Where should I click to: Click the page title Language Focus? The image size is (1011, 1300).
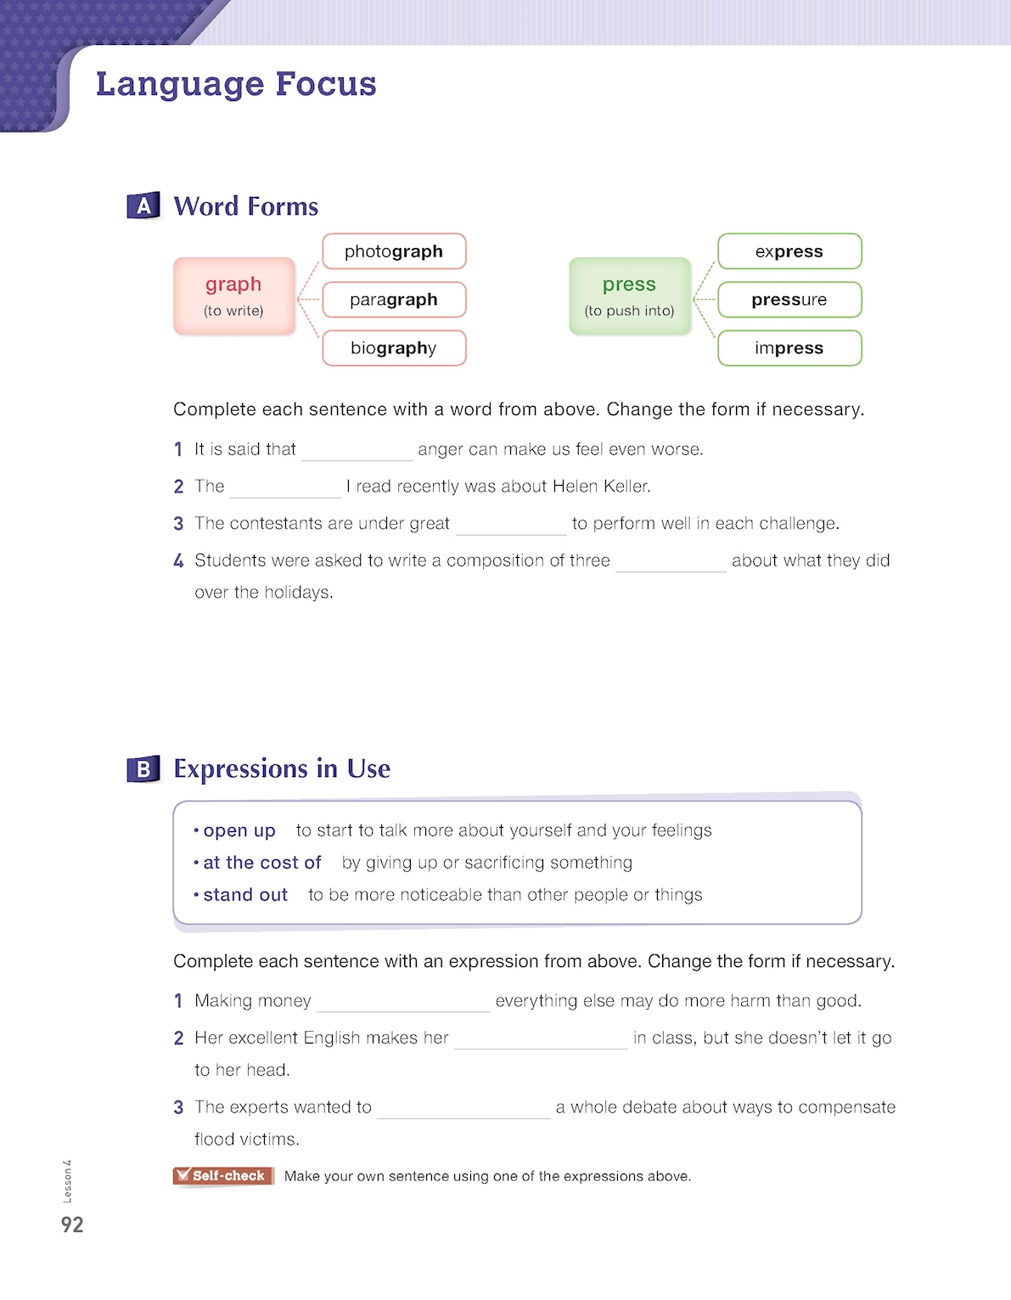pos(236,84)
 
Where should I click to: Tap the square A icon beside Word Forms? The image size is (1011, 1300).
pos(143,205)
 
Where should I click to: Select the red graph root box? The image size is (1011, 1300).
pos(234,295)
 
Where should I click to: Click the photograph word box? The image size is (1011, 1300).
pos(394,251)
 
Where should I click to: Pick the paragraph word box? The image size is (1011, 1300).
pos(394,300)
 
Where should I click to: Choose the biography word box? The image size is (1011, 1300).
pos(394,348)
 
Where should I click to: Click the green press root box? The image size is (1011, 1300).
pos(629,295)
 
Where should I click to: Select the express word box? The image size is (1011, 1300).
pos(789,251)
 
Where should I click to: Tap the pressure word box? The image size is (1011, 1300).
pos(789,300)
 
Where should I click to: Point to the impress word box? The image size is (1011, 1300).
pos(789,348)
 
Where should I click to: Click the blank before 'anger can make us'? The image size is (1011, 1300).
pos(357,451)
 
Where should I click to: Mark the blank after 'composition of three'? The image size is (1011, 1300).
pos(671,562)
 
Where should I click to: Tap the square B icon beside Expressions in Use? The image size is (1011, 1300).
pos(143,768)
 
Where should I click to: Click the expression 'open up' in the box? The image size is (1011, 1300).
pos(239,830)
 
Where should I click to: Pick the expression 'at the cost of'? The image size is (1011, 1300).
pos(262,863)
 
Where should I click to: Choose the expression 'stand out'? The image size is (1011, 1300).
pos(245,895)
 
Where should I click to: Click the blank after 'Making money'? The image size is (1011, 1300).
pos(403,1003)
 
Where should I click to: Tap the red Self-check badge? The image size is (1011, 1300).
pos(223,1176)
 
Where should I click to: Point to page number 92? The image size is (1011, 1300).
pos(72,1224)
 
